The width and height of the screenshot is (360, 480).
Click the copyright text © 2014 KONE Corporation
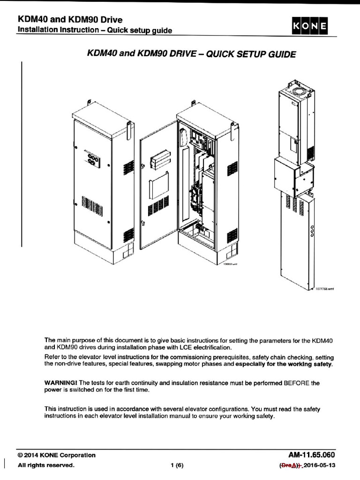(x=56, y=455)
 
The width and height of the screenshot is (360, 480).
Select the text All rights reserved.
(x=46, y=465)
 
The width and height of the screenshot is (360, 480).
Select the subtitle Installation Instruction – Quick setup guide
(x=95, y=30)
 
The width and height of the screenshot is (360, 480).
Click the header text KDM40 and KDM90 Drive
(x=70, y=19)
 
